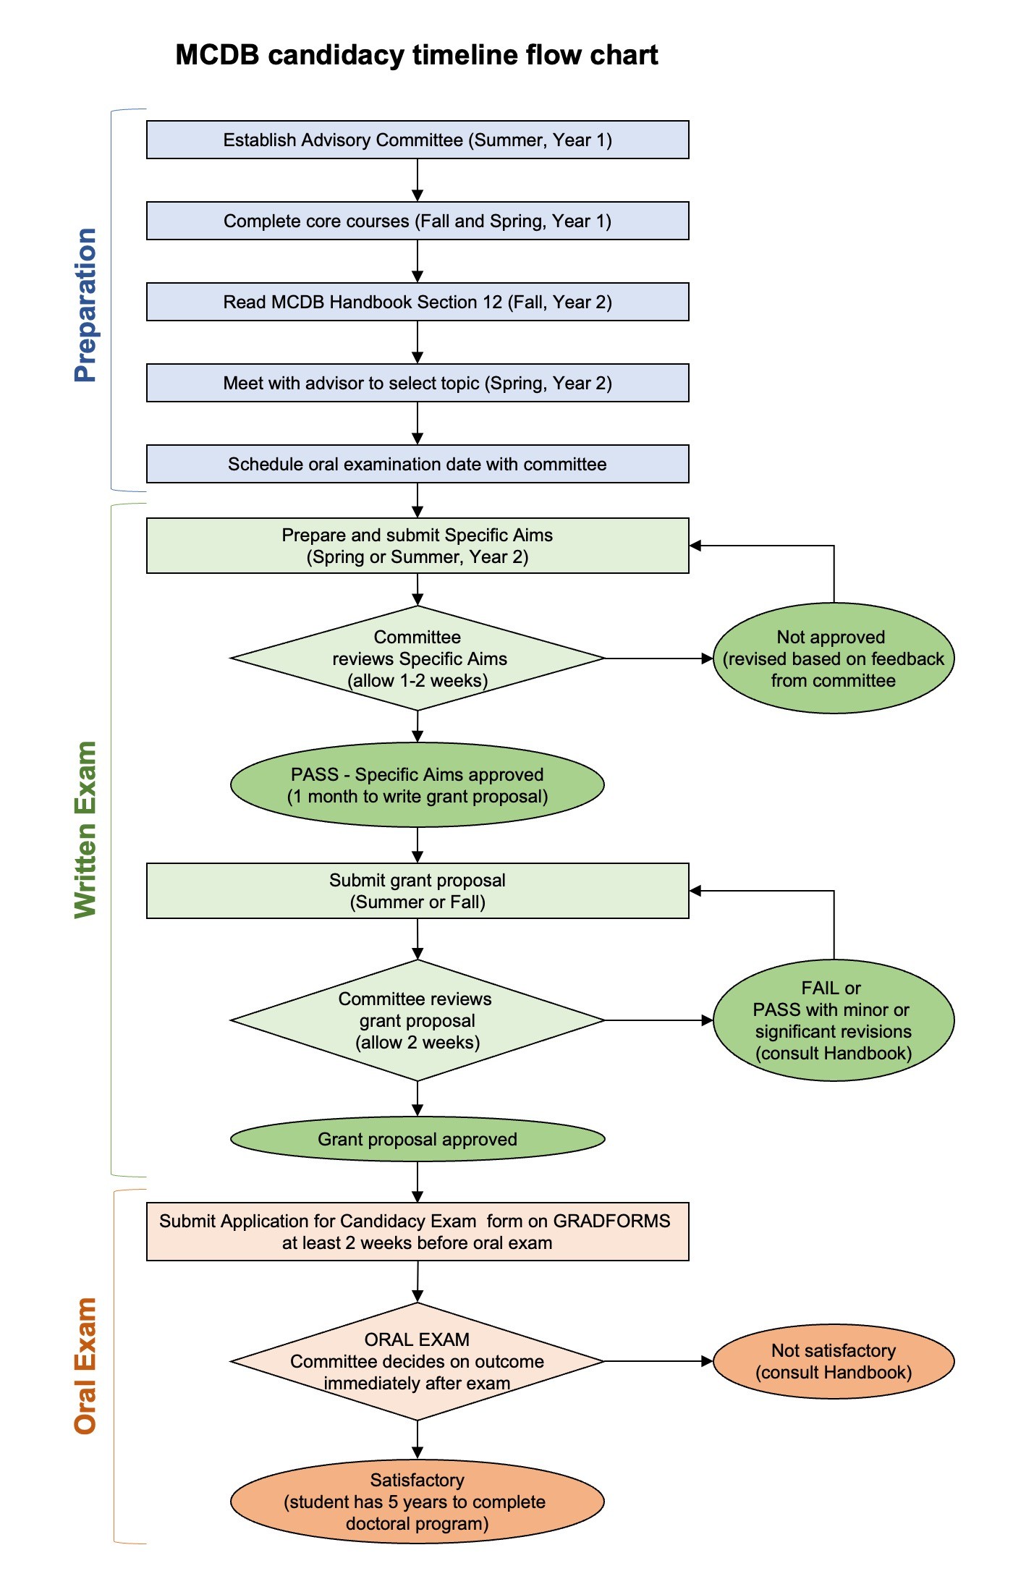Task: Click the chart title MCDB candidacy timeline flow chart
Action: [417, 55]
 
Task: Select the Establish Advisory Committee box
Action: [418, 140]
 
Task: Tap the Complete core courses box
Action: [418, 221]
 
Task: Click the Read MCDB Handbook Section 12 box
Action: [418, 302]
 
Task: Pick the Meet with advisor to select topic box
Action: [418, 383]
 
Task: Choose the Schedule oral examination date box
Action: [418, 464]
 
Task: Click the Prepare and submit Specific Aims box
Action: [418, 546]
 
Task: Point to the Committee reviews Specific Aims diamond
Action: [418, 659]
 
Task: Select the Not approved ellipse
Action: [834, 659]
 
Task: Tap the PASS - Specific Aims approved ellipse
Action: [418, 785]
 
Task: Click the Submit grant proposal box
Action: [418, 891]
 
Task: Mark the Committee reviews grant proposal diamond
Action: [418, 1020]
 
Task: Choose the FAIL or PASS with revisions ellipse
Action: [834, 1020]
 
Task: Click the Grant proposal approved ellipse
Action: [418, 1139]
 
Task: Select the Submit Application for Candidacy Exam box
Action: [418, 1232]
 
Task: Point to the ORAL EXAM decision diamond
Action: [418, 1361]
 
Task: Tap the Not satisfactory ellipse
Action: [834, 1361]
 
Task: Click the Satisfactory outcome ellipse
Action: [418, 1502]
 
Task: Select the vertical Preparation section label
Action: [85, 305]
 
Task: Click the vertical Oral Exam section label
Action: [85, 1366]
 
